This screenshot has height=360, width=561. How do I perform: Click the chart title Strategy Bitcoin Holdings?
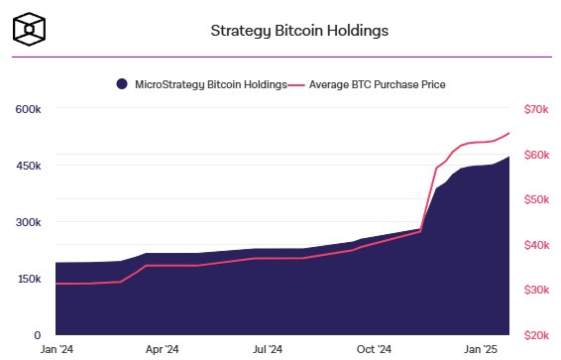pos(299,30)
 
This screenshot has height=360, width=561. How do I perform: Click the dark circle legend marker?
pos(122,85)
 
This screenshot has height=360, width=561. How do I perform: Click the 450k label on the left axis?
pos(28,166)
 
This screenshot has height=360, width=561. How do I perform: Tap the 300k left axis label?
pos(28,222)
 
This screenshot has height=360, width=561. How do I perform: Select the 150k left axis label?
pos(28,280)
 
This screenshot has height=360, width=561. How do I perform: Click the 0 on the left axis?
pos(37,336)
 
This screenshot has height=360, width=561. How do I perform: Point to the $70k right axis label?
pos(536,109)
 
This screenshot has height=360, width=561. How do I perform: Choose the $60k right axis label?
pos(536,155)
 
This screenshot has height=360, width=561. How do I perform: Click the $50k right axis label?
pos(536,200)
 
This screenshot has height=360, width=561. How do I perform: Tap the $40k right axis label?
pos(536,245)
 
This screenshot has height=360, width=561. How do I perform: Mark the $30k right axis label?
pos(536,291)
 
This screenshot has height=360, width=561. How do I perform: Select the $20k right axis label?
pos(536,336)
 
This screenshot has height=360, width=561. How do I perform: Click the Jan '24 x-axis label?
pos(56,350)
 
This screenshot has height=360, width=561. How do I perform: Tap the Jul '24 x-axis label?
pos(269,350)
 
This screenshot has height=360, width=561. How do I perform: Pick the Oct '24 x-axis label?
pos(375,350)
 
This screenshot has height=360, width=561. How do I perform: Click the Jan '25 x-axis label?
pos(482,350)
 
